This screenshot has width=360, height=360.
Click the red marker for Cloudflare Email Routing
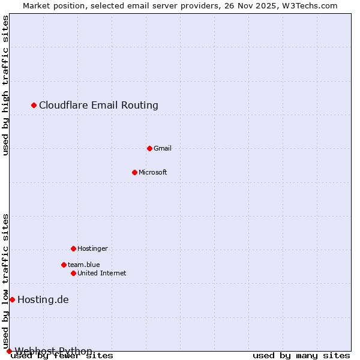[34, 106]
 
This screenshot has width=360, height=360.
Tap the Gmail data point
[149, 148]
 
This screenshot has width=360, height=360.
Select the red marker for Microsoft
[134, 172]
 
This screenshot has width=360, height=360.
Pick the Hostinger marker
[73, 248]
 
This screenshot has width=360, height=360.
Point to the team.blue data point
[64, 265]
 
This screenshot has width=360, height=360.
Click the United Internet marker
[73, 273]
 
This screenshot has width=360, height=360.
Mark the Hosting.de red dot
[12, 299]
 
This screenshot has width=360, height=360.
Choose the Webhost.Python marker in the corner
[9, 351]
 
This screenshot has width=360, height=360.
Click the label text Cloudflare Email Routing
[98, 106]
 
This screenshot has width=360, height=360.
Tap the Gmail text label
[163, 148]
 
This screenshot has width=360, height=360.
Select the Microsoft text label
[153, 172]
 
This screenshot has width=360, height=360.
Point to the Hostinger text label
[92, 248]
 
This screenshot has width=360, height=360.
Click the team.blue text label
[84, 265]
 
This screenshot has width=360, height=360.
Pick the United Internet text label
[102, 273]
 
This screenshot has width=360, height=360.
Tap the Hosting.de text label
[43, 299]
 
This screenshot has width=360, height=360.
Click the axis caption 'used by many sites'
[301, 356]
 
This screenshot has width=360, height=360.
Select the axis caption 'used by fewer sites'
[62, 356]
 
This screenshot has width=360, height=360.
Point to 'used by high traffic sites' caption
[5, 85]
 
